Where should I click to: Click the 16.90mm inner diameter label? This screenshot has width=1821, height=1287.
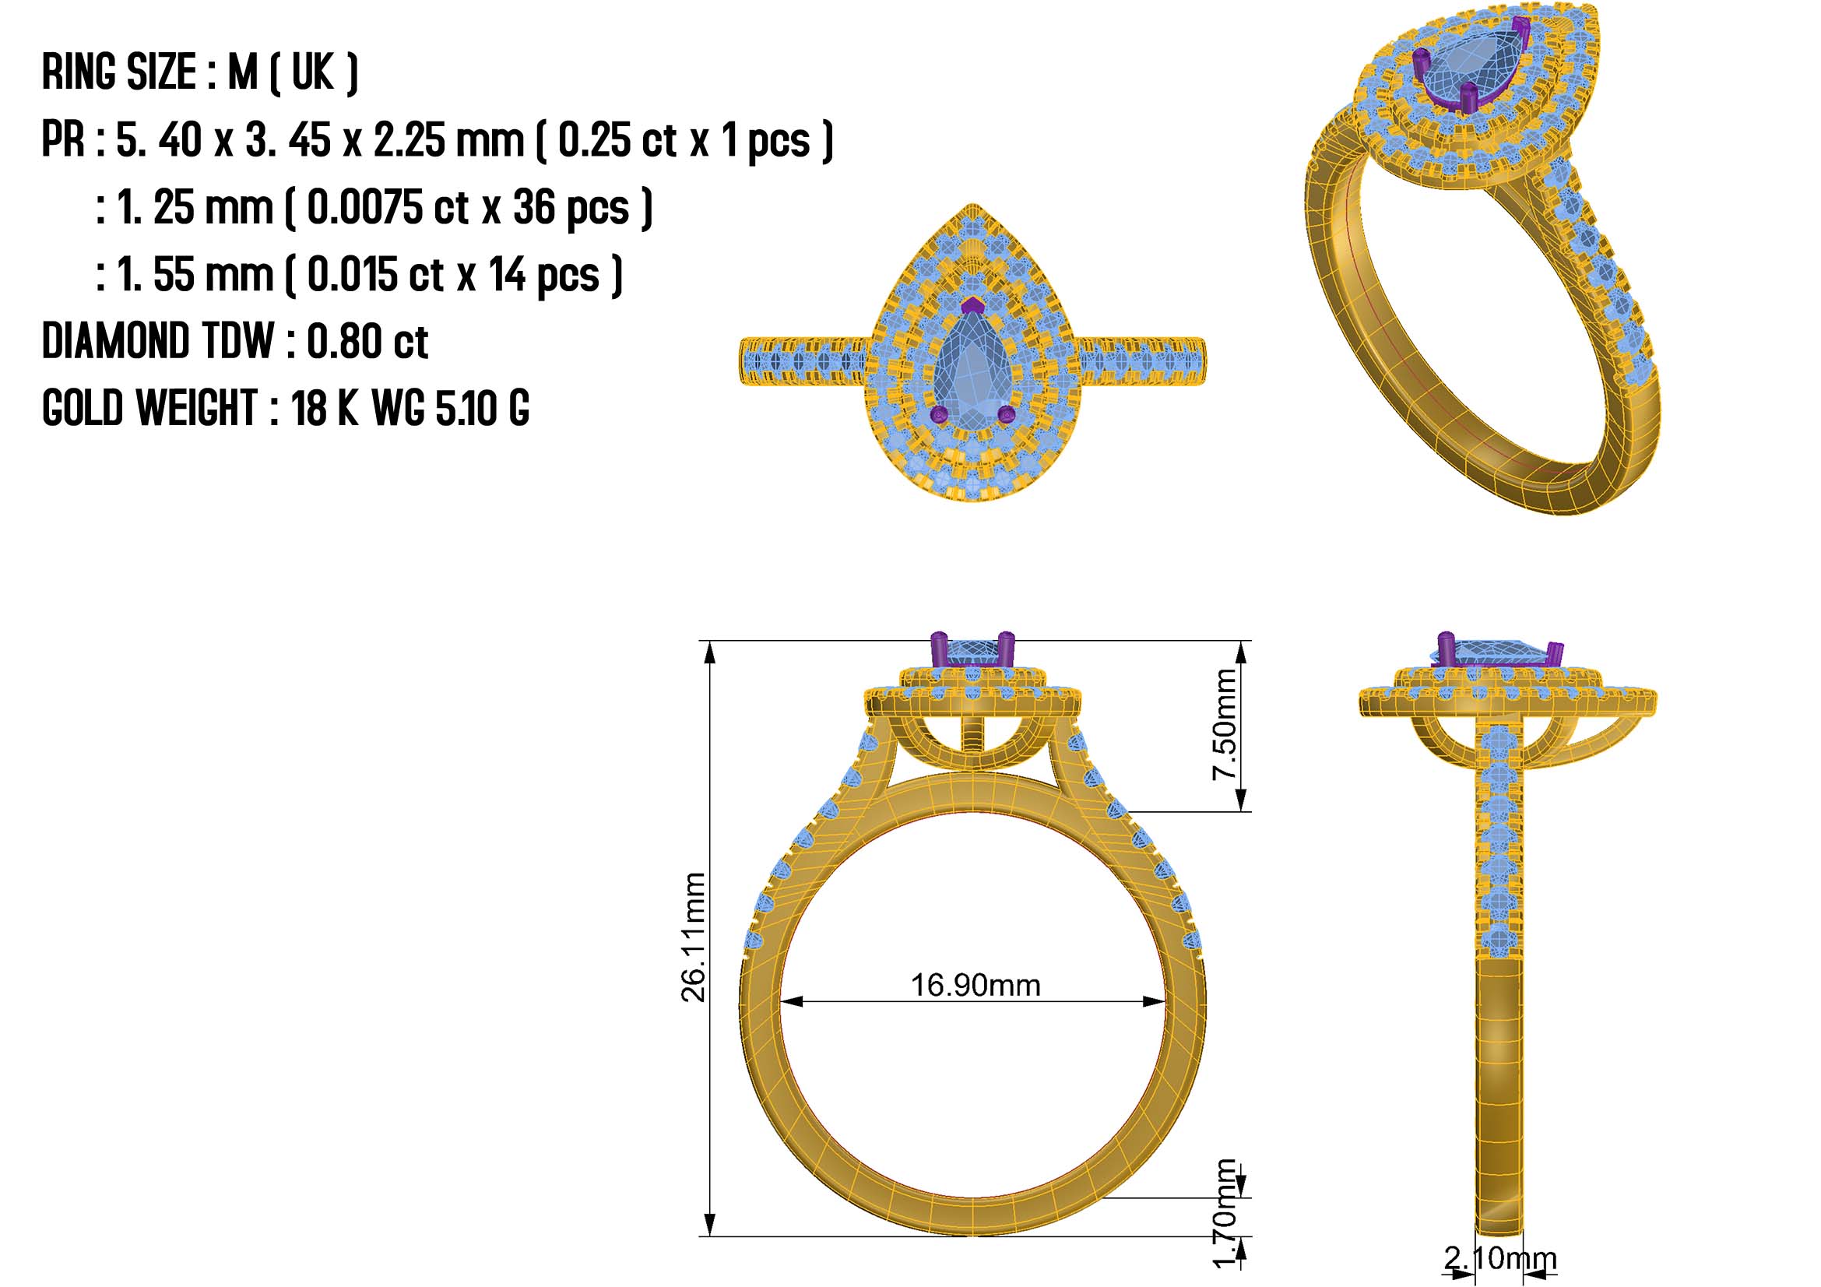click(975, 986)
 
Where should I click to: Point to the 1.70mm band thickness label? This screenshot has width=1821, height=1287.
click(1225, 1213)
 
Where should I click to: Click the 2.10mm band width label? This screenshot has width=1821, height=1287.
click(1499, 1258)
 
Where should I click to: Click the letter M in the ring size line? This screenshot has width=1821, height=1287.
click(243, 72)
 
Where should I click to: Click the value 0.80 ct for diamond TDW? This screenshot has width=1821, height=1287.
click(367, 342)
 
